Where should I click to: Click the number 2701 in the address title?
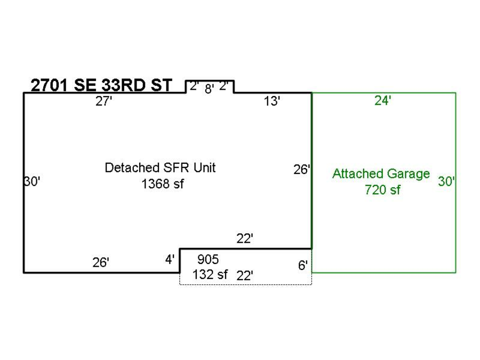click(x=49, y=85)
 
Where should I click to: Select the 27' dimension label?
click(x=104, y=101)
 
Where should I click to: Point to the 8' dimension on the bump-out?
click(x=210, y=89)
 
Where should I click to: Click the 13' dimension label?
click(x=272, y=101)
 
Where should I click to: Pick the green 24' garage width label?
click(x=382, y=100)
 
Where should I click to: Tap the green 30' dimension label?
click(x=446, y=181)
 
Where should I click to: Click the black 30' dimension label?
click(x=32, y=181)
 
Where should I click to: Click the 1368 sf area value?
click(x=163, y=184)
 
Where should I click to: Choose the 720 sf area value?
click(x=382, y=190)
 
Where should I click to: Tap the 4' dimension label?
click(x=170, y=260)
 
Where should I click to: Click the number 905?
click(x=208, y=260)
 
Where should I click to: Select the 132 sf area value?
click(x=210, y=274)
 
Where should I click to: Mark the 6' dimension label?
click(x=303, y=265)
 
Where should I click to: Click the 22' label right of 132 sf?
click(x=245, y=276)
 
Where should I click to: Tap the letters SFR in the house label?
click(x=176, y=168)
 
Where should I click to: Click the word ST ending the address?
click(x=161, y=85)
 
